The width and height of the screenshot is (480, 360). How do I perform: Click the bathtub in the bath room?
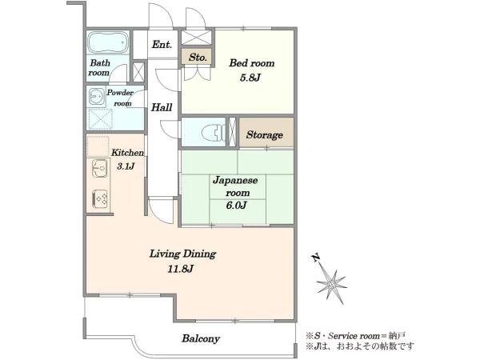tap(108, 42)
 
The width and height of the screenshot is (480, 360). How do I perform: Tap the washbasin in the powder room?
tap(97, 97)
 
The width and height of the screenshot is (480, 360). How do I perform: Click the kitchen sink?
tap(99, 168)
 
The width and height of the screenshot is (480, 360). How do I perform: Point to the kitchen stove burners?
tap(100, 198)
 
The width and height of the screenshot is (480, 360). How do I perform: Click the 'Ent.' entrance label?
tap(162, 45)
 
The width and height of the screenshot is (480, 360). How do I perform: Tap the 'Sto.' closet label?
tap(198, 57)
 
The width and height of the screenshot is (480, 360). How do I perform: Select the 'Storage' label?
tap(265, 134)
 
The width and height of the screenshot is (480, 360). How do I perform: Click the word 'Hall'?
tap(162, 107)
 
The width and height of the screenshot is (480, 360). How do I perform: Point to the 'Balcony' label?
tap(201, 338)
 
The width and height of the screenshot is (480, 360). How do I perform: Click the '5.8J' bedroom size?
tap(250, 78)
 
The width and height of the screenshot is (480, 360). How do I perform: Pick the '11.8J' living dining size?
tap(181, 269)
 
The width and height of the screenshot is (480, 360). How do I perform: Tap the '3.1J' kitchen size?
tap(126, 166)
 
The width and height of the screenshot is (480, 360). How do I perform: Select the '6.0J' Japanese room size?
tap(236, 205)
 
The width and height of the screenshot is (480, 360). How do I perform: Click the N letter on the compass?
tap(316, 258)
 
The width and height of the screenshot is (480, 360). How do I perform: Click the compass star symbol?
tap(331, 286)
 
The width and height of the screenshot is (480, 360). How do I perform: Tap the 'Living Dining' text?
tap(182, 254)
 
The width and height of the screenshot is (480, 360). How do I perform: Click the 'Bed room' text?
tap(252, 63)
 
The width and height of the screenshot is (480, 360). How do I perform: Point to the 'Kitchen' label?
tap(127, 153)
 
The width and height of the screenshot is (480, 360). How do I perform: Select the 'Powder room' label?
tap(120, 98)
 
